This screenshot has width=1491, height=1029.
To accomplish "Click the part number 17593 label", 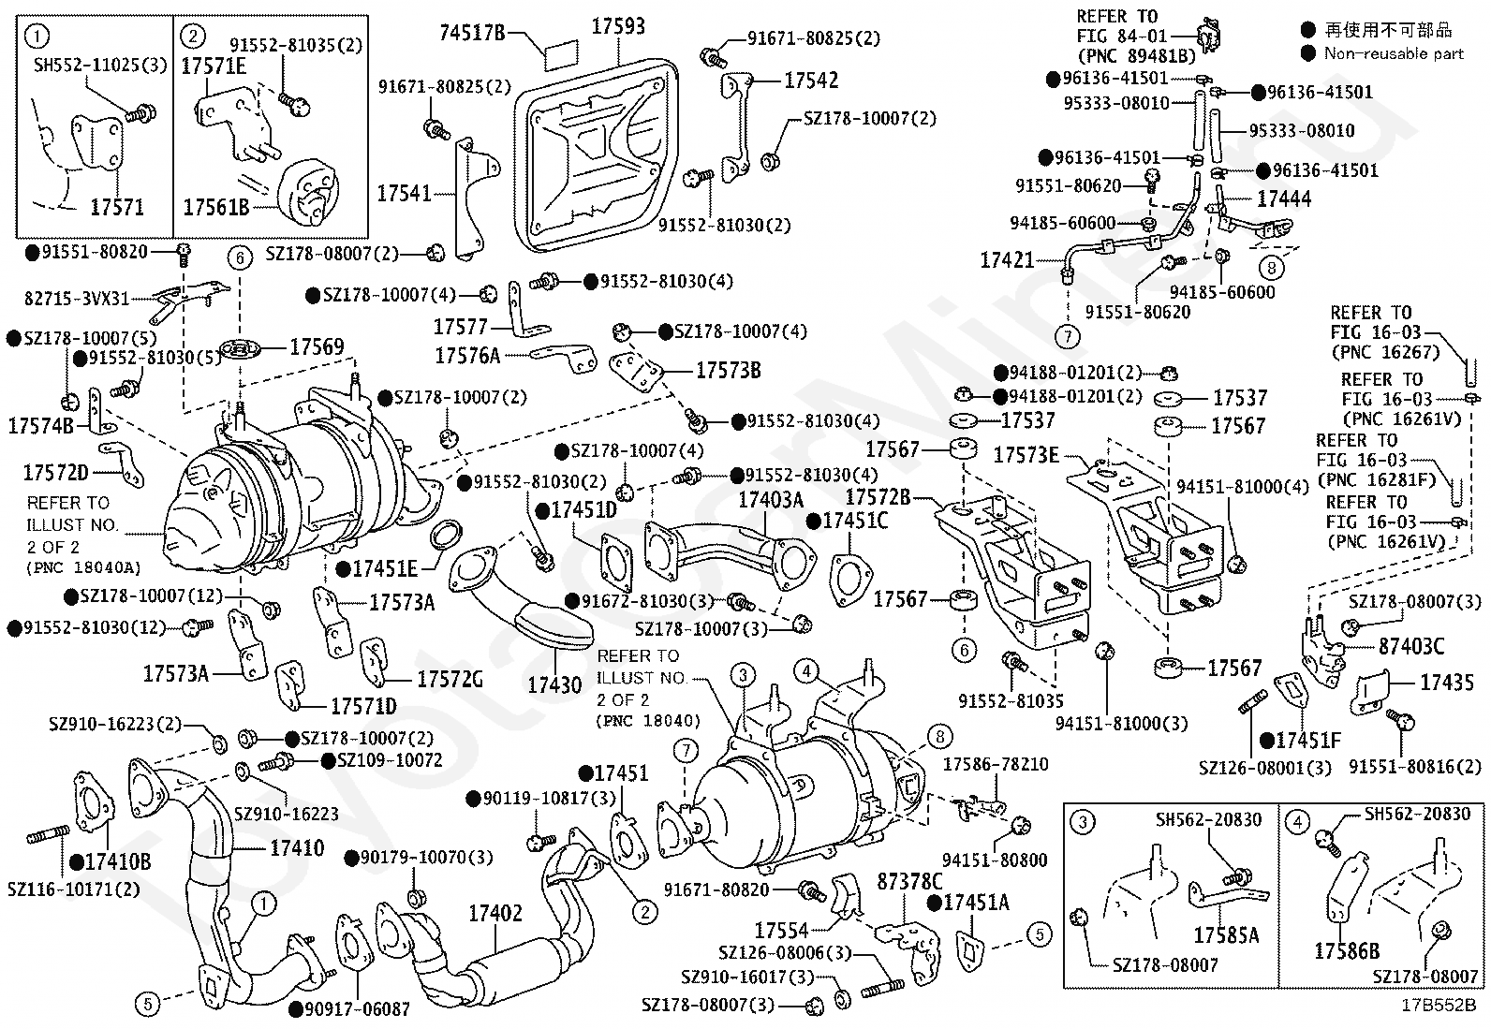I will [617, 25].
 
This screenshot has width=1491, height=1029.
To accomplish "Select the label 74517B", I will [473, 34].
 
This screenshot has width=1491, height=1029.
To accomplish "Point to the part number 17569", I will [317, 346].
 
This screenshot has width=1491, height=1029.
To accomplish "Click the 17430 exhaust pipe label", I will [554, 684].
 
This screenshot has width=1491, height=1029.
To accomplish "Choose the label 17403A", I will [770, 500].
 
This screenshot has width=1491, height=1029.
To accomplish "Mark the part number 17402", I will [495, 912].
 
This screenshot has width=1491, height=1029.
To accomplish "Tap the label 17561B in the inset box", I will [215, 207].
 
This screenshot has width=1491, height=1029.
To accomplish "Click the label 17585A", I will [1226, 934].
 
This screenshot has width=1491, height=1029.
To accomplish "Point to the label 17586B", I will [1347, 951].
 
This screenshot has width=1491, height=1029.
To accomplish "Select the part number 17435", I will [1447, 683].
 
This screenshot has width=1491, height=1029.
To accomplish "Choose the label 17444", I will [1284, 198].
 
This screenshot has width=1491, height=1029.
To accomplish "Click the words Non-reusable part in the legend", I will [1394, 53].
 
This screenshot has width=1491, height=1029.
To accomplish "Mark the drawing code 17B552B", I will [1439, 1007].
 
